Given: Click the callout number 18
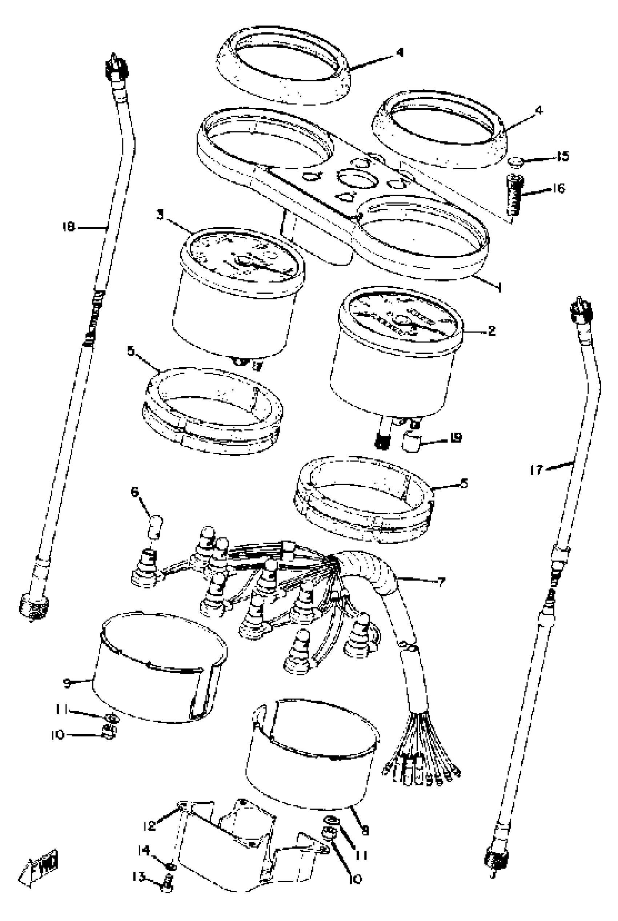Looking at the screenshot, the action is coord(69,227).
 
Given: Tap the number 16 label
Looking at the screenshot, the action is coord(558,188).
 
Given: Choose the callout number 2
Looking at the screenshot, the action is coord(491,331).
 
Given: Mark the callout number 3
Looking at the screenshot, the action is coord(160,216).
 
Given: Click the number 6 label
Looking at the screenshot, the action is coord(135,493).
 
